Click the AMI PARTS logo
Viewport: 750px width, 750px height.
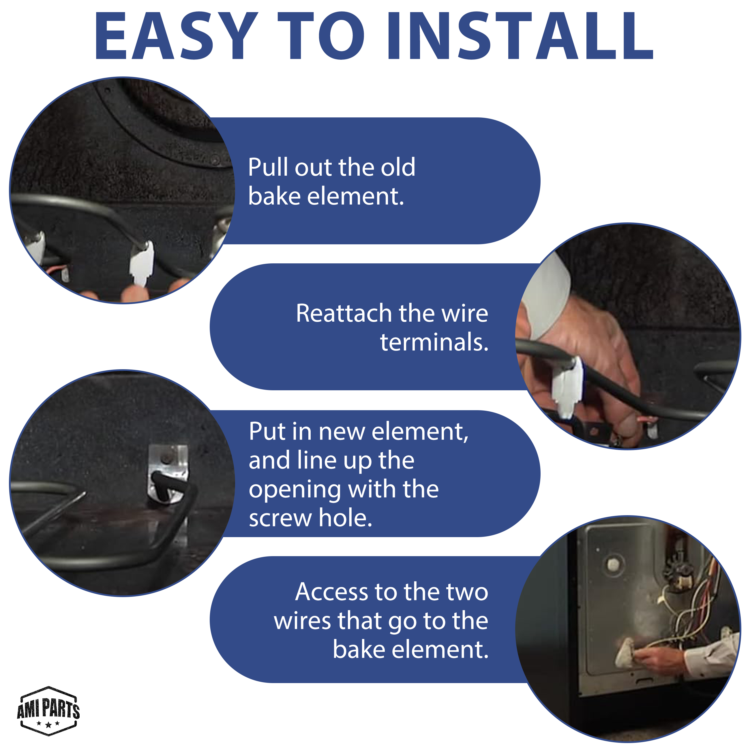pyautogui.click(x=48, y=711)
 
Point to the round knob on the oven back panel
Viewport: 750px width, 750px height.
pyautogui.click(x=613, y=564)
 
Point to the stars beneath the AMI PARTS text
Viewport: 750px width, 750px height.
pyautogui.click(x=48, y=723)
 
